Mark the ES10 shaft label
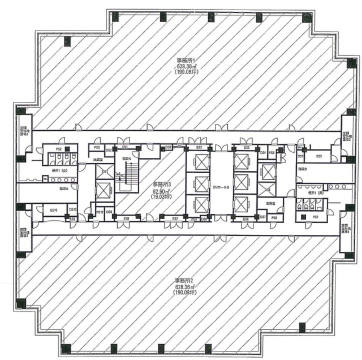click(x=54, y=209)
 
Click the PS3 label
click(x=97, y=148)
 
